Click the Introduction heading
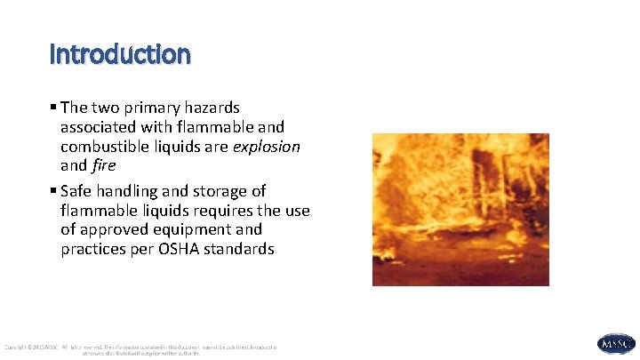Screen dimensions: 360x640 point(120,55)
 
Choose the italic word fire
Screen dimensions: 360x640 point(102,165)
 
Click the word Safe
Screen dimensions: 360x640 point(78,191)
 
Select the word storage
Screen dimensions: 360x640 point(220,191)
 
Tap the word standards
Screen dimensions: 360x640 point(242,250)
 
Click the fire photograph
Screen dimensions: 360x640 point(460,210)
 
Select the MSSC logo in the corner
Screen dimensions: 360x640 point(616,344)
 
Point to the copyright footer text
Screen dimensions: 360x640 point(142,349)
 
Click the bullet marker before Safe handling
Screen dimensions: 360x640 point(54,191)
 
